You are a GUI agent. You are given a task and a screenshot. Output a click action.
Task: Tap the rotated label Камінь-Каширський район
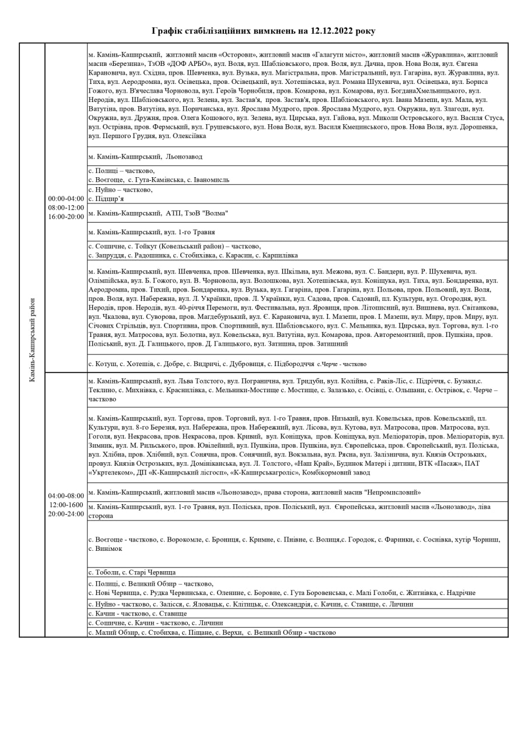coord(32,340)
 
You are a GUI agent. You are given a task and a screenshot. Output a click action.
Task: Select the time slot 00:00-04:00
coord(66,198)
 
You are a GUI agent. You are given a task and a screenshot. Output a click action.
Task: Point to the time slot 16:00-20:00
coord(66,217)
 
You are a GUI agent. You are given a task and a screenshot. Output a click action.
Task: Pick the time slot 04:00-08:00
coord(66,496)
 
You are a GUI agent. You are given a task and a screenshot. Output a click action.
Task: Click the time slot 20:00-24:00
coord(66,514)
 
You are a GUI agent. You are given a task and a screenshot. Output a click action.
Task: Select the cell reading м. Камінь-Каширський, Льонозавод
coord(145,157)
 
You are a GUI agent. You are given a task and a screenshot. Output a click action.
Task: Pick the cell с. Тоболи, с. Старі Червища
coord(132,572)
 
